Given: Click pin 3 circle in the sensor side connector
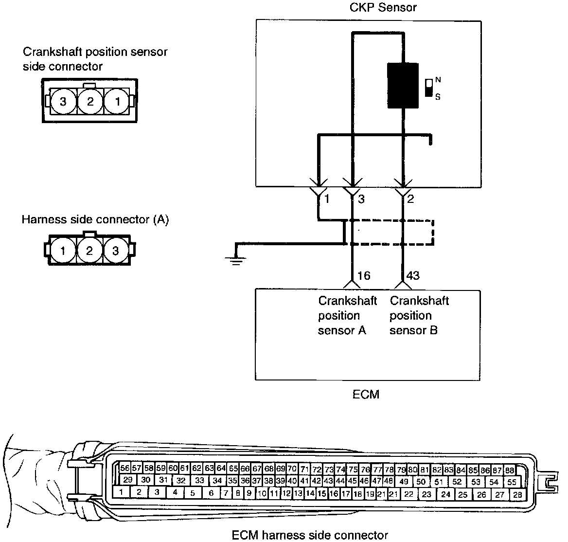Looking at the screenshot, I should [x=63, y=102].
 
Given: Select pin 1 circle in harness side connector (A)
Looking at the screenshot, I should [x=63, y=252].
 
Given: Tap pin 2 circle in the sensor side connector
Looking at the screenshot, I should [x=90, y=102].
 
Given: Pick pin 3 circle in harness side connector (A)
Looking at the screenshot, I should [x=116, y=252].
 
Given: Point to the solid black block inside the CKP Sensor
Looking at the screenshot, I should [x=403, y=85].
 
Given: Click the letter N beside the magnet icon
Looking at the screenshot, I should [x=438, y=79].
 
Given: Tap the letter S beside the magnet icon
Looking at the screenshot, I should [x=438, y=97].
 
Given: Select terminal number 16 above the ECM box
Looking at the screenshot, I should [x=364, y=276].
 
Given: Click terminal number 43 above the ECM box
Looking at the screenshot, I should [x=413, y=276].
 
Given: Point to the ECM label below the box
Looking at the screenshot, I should [x=366, y=394].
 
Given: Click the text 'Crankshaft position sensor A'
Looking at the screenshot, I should [x=347, y=315].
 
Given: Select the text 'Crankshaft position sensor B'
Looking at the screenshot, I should [x=419, y=315].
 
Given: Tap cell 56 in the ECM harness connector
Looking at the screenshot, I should [x=124, y=468].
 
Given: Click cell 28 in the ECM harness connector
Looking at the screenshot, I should [x=517, y=494].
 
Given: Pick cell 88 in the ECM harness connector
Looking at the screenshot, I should [x=509, y=470].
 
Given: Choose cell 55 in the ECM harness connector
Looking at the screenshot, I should [x=512, y=482].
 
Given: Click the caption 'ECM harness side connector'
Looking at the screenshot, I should [x=310, y=535].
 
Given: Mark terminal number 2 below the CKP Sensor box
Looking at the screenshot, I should [x=410, y=199].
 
